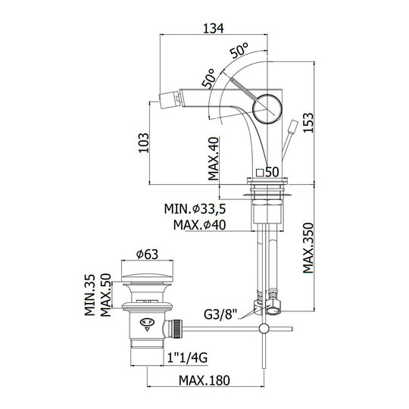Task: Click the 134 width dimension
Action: (214, 29)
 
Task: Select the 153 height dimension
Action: (308, 123)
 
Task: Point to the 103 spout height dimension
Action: (144, 143)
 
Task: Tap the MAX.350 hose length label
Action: (308, 248)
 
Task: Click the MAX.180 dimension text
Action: (204, 380)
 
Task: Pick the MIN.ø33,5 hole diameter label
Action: (195, 209)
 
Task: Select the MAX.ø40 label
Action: (199, 225)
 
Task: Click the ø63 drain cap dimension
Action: (147, 254)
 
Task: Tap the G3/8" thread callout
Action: (220, 314)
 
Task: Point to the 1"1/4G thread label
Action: (188, 357)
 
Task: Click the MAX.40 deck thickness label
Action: (214, 159)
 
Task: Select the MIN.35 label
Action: (90, 295)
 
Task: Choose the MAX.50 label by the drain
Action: (105, 295)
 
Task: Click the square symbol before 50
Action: (260, 173)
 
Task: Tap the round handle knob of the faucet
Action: (267, 108)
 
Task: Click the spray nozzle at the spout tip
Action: (170, 100)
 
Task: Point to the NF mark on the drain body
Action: (148, 322)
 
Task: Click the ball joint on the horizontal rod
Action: (264, 329)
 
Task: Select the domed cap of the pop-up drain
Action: (147, 277)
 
